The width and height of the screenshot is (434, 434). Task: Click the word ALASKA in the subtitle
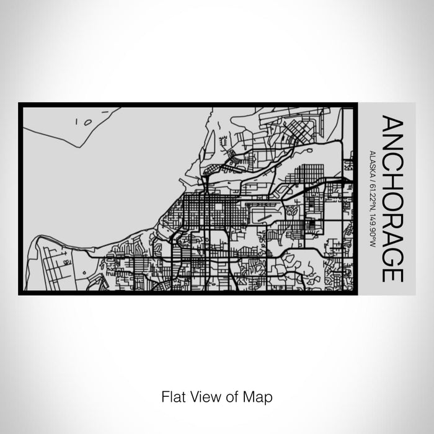(x=370, y=162)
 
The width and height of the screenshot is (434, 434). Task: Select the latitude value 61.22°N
(x=370, y=192)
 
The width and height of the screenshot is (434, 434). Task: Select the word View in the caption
(x=205, y=395)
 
